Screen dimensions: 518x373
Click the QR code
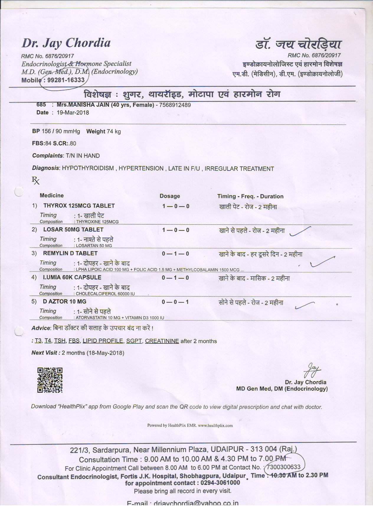[x=50, y=380]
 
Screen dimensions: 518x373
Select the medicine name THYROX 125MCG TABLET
[x=79, y=206]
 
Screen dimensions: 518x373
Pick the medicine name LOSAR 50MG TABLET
[x=73, y=230]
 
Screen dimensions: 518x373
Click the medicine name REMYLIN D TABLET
[x=70, y=253]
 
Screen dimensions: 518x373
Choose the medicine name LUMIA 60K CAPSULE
[x=72, y=277]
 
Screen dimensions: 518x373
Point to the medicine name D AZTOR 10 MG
[x=65, y=301]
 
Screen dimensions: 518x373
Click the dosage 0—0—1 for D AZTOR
[x=175, y=302]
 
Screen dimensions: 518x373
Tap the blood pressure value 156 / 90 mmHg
[x=61, y=131]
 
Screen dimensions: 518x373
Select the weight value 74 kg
[x=114, y=131]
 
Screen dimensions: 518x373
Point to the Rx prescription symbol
[x=36, y=181]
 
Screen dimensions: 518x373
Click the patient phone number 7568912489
[x=175, y=105]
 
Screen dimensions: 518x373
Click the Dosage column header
[x=170, y=196]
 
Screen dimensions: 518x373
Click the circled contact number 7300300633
[x=284, y=467]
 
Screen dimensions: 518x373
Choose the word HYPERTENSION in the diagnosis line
[x=141, y=169]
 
